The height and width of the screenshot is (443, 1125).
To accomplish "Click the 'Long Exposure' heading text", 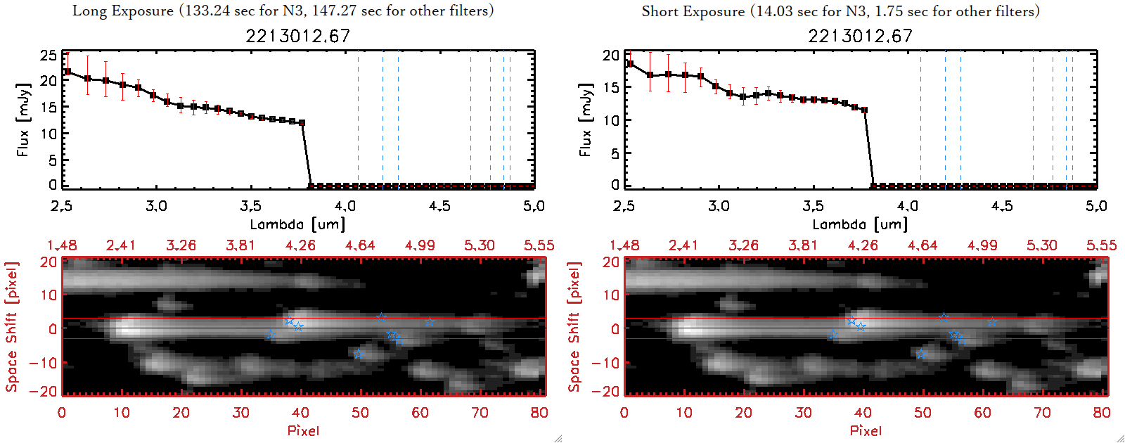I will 123,11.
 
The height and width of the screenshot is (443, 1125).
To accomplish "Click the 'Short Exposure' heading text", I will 693,11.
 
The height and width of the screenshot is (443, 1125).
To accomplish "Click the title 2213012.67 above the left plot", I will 297,36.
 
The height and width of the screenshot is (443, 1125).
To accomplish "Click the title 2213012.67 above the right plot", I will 860,36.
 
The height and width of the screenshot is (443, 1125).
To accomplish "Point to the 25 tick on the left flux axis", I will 49,55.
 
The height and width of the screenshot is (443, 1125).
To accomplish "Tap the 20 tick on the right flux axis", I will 611,55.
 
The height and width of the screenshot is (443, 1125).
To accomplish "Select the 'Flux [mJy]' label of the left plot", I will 23,120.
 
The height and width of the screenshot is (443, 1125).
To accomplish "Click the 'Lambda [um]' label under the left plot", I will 297,224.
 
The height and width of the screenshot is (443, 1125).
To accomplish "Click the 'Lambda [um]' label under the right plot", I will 860,224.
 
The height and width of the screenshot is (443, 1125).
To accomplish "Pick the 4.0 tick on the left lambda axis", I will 345,206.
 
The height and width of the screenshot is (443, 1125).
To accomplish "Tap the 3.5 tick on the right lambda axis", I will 814,206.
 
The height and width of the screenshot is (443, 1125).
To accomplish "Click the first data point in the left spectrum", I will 67,72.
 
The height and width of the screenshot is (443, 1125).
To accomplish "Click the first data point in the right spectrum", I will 630,64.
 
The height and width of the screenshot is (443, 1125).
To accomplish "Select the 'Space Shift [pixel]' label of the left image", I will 11,327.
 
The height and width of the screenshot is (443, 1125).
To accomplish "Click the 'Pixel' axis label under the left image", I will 303,430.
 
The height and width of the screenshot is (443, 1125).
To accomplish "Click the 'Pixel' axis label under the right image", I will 866,430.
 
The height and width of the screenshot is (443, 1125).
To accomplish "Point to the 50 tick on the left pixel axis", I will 360,413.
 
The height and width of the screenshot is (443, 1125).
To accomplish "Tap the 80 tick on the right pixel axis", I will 1102,413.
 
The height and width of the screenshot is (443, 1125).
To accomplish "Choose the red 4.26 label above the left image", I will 300,245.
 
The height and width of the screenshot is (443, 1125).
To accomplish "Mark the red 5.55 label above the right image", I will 1101,245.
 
